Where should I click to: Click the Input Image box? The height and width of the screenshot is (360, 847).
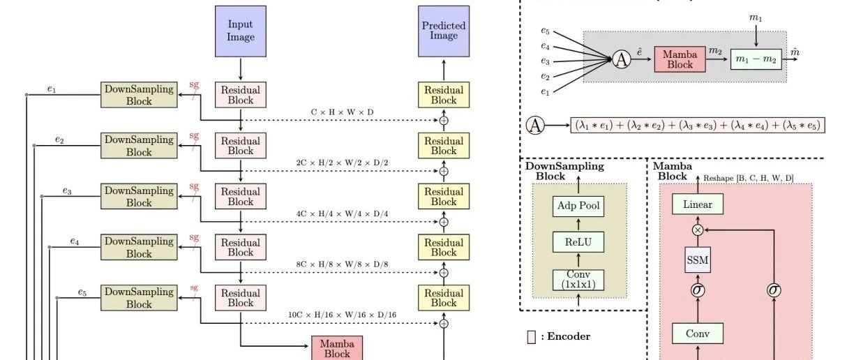(x=241, y=31)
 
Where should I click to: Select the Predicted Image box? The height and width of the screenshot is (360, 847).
(x=444, y=31)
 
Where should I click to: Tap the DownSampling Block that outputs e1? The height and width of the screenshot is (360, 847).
(x=139, y=94)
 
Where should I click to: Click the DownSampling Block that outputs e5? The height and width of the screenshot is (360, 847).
(x=139, y=298)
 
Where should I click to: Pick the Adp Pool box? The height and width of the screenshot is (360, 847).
(x=579, y=206)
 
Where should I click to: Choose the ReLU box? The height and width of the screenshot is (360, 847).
(x=579, y=242)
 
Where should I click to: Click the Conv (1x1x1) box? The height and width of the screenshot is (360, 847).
(x=579, y=280)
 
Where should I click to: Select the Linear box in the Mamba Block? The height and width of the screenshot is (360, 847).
(x=698, y=204)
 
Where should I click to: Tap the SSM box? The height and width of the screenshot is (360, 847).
(x=698, y=260)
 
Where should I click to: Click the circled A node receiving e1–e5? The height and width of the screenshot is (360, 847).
(x=622, y=60)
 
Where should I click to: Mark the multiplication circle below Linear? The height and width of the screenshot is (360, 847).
(x=698, y=229)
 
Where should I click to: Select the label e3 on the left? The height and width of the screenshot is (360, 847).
(x=67, y=191)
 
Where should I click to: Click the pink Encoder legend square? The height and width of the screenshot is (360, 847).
(x=532, y=337)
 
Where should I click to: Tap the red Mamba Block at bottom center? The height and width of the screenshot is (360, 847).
(x=337, y=348)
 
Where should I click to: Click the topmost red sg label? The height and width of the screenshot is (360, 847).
(x=195, y=84)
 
